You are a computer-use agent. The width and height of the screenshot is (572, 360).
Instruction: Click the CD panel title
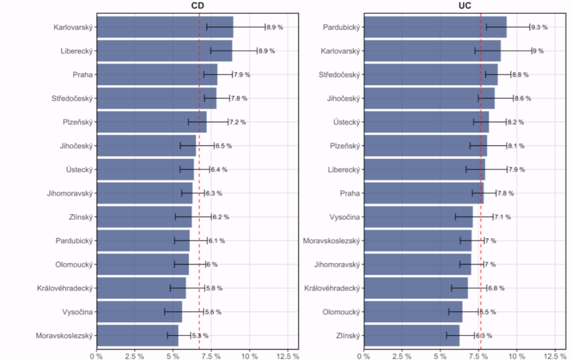pyautogui.click(x=197, y=6)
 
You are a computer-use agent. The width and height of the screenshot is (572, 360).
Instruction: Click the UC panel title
pyautogui.click(x=465, y=6)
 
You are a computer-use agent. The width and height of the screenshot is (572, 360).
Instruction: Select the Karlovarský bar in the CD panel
pyautogui.click(x=165, y=27)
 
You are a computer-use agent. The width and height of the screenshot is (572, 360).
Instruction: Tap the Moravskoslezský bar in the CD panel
pyautogui.click(x=137, y=335)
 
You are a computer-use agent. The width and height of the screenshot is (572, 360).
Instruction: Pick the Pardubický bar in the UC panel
pyautogui.click(x=435, y=27)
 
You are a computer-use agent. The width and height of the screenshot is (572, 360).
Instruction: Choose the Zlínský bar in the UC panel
pyautogui.click(x=412, y=335)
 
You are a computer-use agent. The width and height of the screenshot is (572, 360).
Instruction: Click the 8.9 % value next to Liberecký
pyautogui.click(x=266, y=51)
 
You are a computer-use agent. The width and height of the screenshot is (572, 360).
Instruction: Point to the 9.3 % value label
pyautogui.click(x=539, y=27)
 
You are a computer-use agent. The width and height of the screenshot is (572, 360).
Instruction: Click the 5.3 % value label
pyautogui.click(x=201, y=336)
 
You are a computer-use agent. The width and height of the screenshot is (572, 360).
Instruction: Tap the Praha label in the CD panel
pyautogui.click(x=83, y=75)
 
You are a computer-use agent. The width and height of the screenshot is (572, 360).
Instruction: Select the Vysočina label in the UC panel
pyautogui.click(x=345, y=217)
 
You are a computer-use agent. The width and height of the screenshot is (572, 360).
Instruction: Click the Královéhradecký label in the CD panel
pyautogui.click(x=65, y=288)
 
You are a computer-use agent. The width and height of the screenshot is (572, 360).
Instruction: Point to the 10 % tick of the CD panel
pyautogui.click(x=250, y=356)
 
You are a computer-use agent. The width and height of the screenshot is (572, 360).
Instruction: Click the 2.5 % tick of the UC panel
pyautogui.click(x=402, y=356)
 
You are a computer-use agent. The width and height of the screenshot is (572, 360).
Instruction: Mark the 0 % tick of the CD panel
pyautogui.click(x=96, y=356)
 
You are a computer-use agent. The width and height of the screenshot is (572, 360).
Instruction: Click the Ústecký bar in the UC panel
pyautogui.click(x=426, y=122)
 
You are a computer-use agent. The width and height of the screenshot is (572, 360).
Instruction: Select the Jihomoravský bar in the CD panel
pyautogui.click(x=145, y=193)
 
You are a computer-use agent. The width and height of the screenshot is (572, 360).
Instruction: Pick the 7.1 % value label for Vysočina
pyautogui.click(x=502, y=217)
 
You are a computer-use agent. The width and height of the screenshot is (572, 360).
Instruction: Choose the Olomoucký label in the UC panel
pyautogui.click(x=341, y=312)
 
